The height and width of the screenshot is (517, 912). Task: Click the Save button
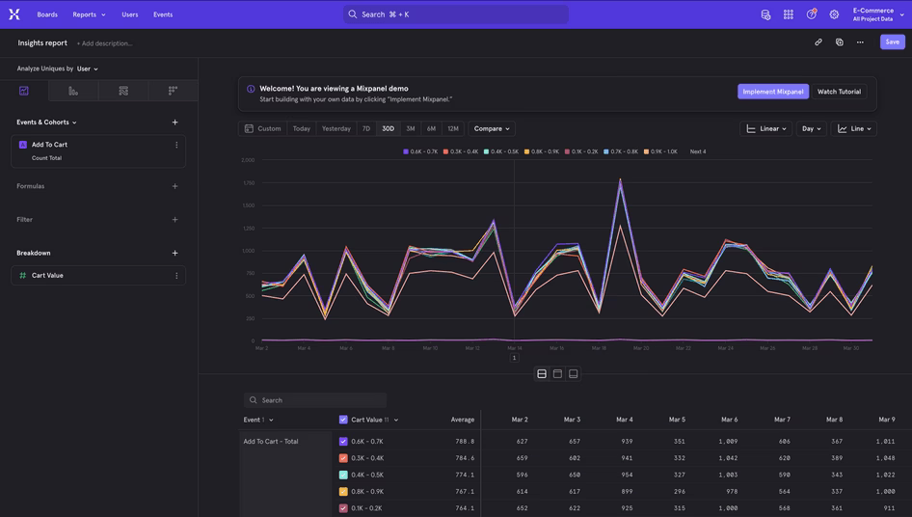(892, 41)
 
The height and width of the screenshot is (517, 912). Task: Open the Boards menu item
(47, 14)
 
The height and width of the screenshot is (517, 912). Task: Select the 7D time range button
(366, 128)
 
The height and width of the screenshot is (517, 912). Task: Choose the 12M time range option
(453, 128)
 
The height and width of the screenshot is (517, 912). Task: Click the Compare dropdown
(492, 128)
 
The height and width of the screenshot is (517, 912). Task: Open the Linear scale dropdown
(766, 128)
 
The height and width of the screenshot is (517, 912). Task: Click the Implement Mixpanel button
(773, 92)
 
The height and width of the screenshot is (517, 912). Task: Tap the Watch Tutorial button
(839, 92)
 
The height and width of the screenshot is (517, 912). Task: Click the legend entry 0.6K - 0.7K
(421, 151)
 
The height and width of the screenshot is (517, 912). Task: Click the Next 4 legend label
(698, 151)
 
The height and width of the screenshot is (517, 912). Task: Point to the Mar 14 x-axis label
(515, 348)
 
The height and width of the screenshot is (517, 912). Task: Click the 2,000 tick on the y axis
(248, 160)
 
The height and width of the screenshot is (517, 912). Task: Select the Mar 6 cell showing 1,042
(728, 458)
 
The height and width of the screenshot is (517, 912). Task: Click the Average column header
(463, 420)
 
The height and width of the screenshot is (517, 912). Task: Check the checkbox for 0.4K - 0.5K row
(343, 475)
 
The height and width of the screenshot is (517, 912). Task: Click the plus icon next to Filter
(174, 220)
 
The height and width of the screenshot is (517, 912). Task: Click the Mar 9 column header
(886, 420)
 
